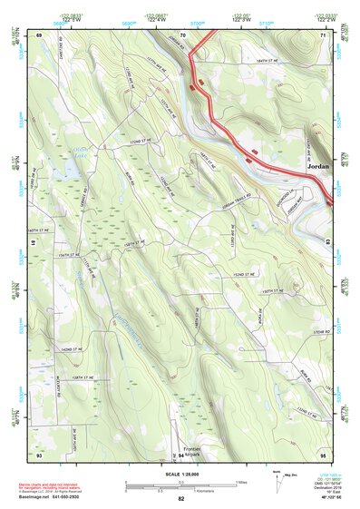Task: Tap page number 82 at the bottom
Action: pos(181,498)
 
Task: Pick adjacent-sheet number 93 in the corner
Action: pos(39,453)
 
